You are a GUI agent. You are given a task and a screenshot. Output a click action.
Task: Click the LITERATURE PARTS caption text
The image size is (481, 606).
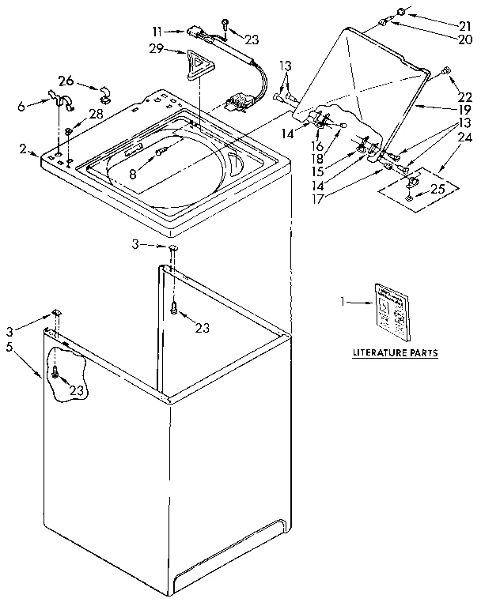click(x=395, y=353)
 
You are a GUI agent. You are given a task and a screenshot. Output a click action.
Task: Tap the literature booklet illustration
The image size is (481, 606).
click(x=392, y=313)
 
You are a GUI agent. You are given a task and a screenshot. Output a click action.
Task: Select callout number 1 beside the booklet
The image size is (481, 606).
click(x=343, y=302)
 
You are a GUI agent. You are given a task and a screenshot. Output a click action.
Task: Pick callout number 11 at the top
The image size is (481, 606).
click(x=157, y=31)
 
